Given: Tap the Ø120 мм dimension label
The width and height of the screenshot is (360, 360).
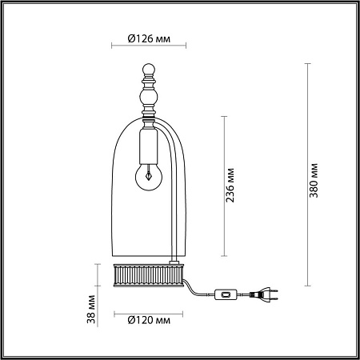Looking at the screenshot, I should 149,320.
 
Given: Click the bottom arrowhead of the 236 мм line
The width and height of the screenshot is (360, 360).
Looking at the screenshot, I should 222,261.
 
